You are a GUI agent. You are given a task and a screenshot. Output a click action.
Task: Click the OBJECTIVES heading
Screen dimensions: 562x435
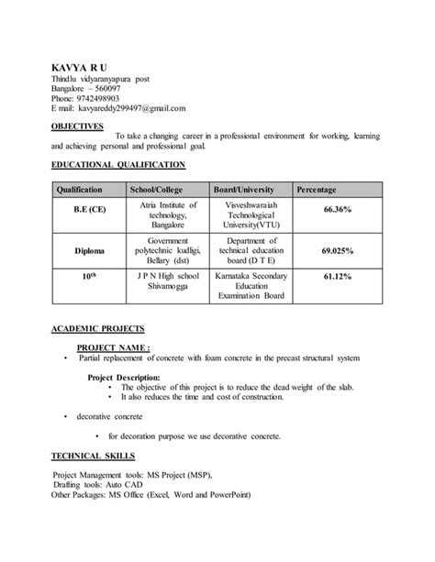click(77, 127)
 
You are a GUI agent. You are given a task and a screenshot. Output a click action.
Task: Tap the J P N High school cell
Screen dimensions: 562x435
click(168, 274)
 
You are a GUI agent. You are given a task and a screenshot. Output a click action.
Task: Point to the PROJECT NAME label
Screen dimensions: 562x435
click(113, 347)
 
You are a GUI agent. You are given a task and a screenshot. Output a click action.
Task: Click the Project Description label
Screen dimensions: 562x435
click(124, 377)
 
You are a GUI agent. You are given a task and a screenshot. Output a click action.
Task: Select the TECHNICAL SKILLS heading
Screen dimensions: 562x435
click(94, 455)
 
